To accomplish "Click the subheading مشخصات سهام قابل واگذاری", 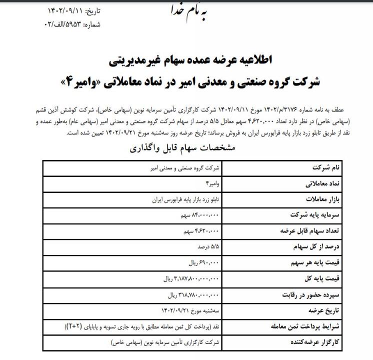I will (182, 148).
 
